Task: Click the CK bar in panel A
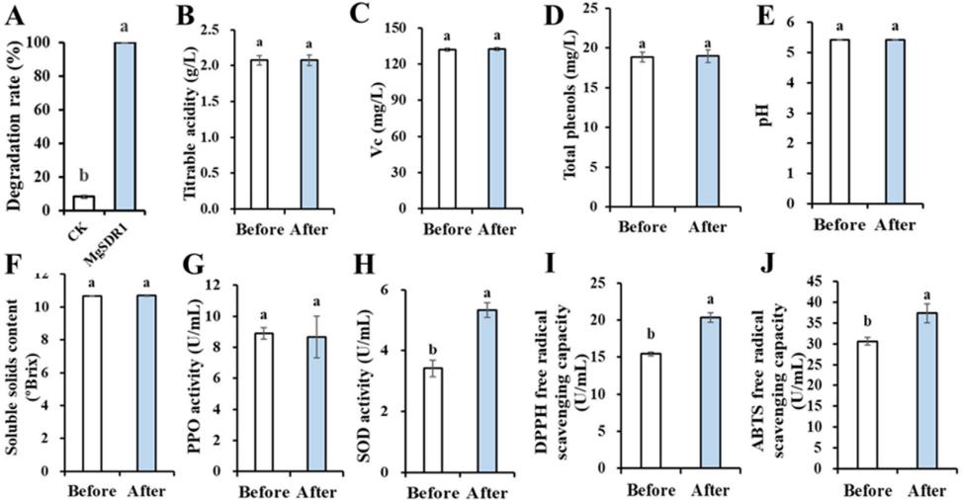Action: pyautogui.click(x=83, y=203)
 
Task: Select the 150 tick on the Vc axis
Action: pyautogui.click(x=398, y=28)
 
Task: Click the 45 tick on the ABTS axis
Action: pyautogui.click(x=829, y=281)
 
